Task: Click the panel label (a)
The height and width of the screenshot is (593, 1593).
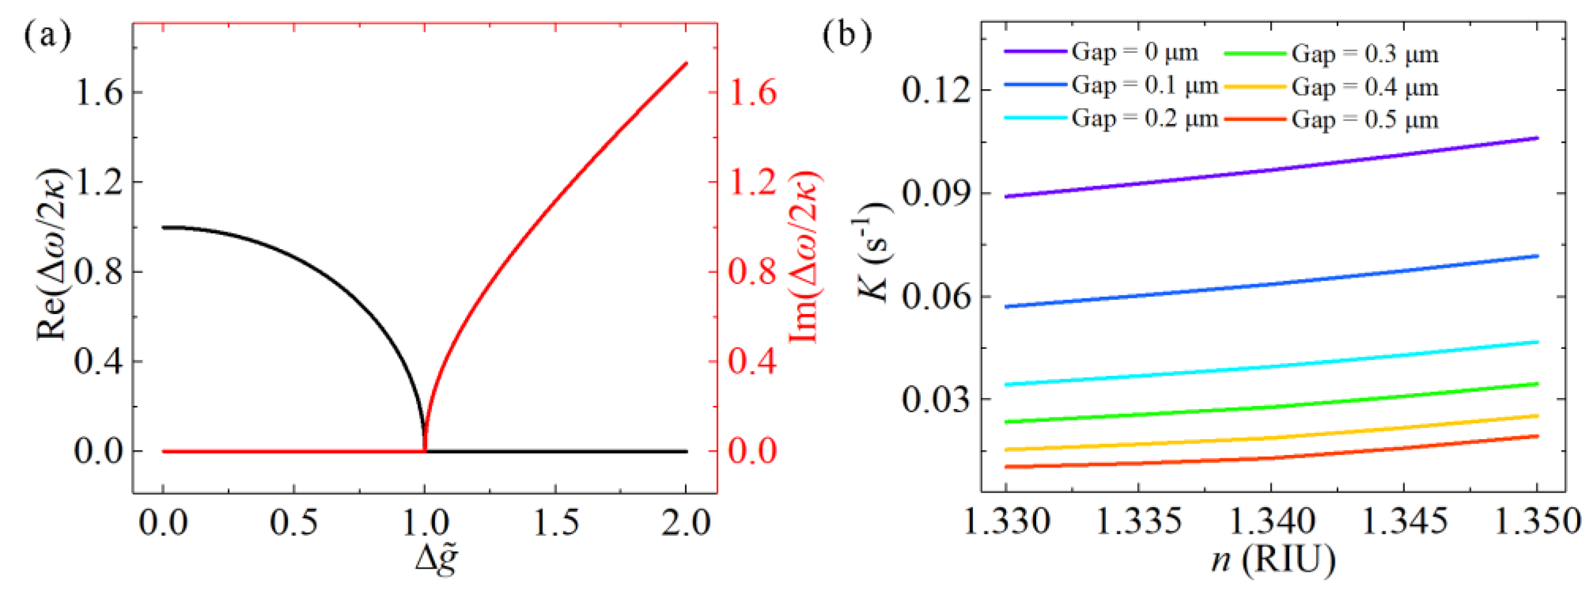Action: [47, 35]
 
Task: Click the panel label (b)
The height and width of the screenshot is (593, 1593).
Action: [847, 35]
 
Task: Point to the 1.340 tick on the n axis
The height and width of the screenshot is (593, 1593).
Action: [1272, 521]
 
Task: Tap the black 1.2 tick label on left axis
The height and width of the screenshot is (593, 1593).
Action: [99, 182]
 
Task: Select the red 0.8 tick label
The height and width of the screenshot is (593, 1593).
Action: [751, 272]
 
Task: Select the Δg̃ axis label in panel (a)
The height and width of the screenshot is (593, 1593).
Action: [437, 559]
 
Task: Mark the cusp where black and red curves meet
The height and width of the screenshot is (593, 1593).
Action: [425, 450]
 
